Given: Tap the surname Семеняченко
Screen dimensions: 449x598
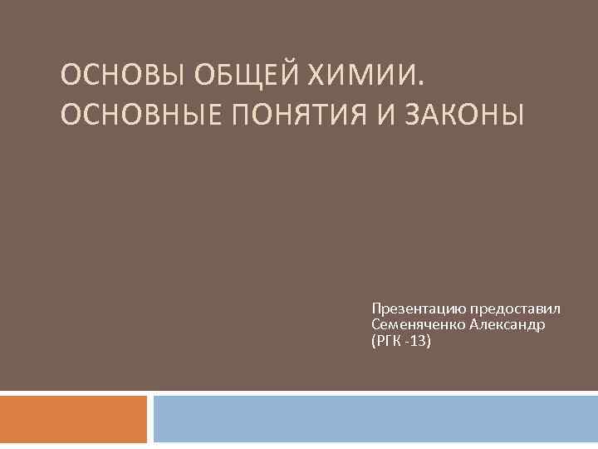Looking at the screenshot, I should tap(419, 324).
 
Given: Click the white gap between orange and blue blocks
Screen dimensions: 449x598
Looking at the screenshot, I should tap(150, 419).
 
